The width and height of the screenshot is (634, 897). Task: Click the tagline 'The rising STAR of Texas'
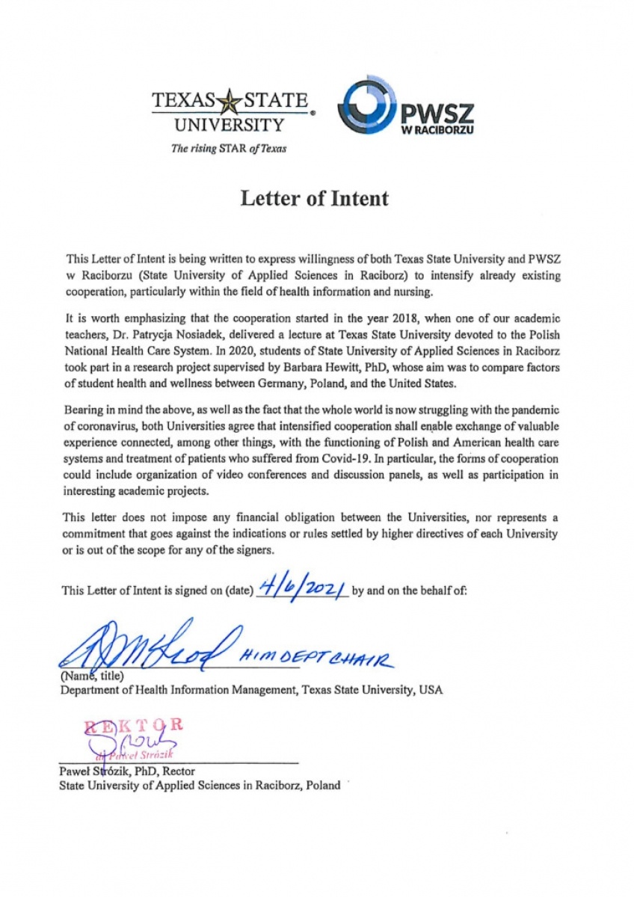click(x=228, y=148)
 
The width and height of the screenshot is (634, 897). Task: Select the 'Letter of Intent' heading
click(x=314, y=199)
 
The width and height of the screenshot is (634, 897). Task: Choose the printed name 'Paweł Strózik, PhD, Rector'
click(x=127, y=771)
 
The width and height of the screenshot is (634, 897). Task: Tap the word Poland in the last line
click(x=323, y=785)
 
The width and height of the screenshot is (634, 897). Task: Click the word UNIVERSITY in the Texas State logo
click(x=229, y=125)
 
